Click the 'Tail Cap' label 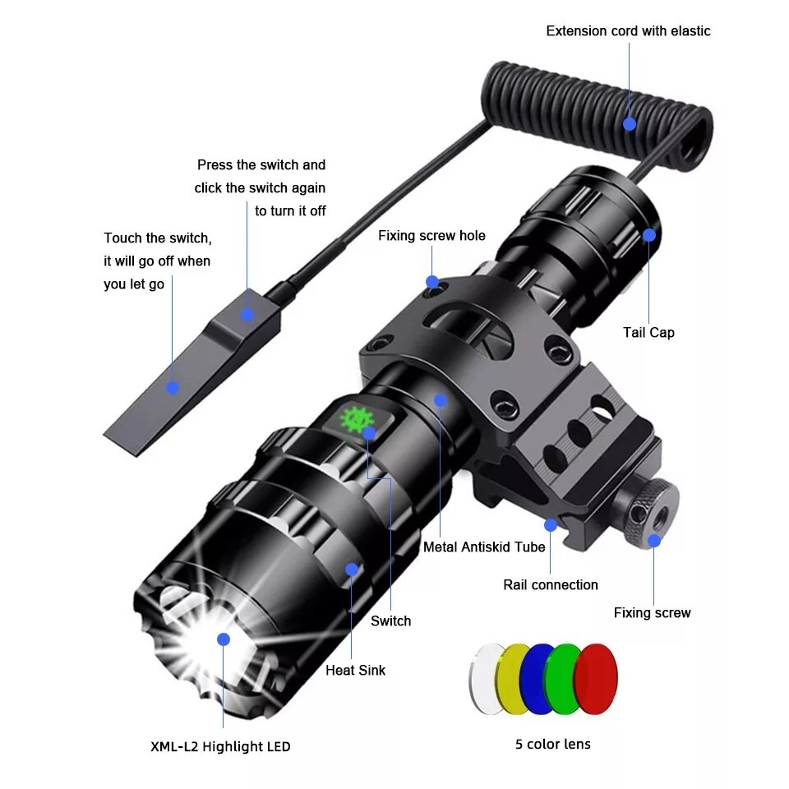click(x=648, y=332)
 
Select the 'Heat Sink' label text click(x=355, y=670)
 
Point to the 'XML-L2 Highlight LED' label click(x=220, y=746)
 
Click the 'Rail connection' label click(x=550, y=584)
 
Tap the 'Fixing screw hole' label click(x=431, y=236)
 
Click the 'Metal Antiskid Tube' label click(x=484, y=547)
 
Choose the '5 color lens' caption click(x=552, y=744)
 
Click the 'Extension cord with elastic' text click(x=628, y=31)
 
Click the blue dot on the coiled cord click(x=630, y=124)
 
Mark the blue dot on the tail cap click(x=648, y=235)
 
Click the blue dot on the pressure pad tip click(x=173, y=387)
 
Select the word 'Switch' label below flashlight click(x=390, y=621)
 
